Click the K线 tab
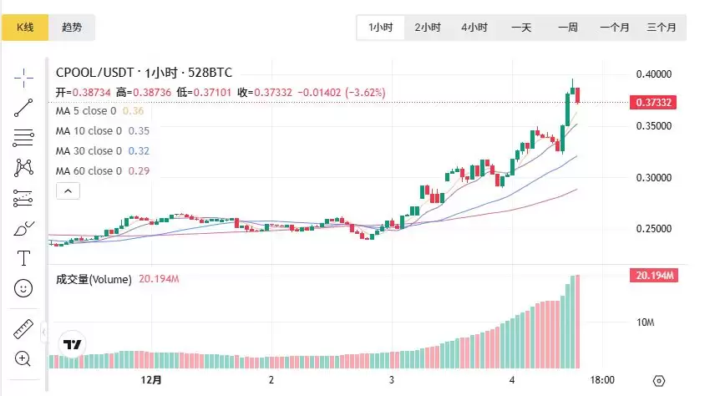tap(25, 27)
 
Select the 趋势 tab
tap(72, 27)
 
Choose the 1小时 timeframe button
tap(381, 28)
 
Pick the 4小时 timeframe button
tap(474, 28)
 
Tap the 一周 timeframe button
tap(568, 28)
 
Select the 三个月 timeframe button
tap(661, 28)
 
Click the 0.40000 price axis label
tap(653, 74)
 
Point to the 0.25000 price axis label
tap(653, 229)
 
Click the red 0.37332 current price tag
tap(655, 102)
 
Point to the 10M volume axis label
tap(646, 322)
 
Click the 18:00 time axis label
tap(603, 379)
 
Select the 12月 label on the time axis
tap(152, 379)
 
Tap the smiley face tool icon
tap(23, 288)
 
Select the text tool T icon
tap(23, 258)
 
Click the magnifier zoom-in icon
tap(23, 359)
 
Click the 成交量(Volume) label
tap(94, 279)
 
